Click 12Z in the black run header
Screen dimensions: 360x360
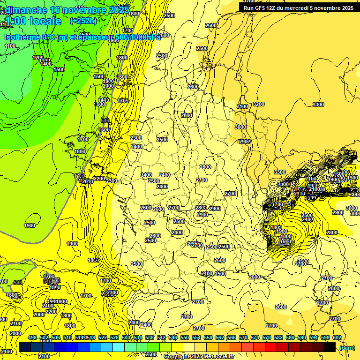coord(272,8)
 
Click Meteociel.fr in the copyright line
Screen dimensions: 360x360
coord(216,357)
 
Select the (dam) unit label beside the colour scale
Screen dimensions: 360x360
coord(346,348)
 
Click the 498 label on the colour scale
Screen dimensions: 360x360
coord(32,337)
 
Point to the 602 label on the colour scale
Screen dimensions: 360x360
coord(337,337)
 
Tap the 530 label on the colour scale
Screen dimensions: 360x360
coord(126,337)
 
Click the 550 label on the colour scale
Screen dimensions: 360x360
coord(185,337)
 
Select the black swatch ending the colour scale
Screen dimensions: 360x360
coord(330,347)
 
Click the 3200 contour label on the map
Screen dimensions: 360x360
coord(258,104)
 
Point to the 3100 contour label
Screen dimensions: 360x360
coord(242,106)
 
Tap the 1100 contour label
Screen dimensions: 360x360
coord(10,46)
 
